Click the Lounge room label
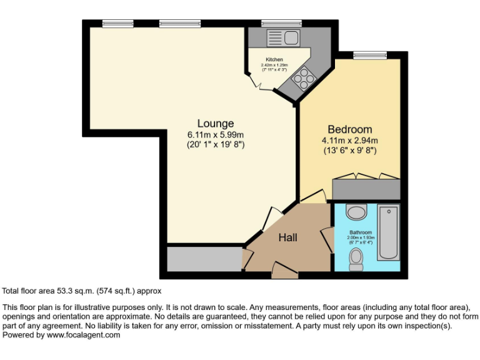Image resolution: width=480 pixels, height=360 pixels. (x=216, y=123)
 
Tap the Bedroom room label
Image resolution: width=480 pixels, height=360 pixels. (x=350, y=129)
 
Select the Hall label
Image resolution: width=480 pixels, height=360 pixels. (x=287, y=237)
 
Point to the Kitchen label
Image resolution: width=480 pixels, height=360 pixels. (x=274, y=59)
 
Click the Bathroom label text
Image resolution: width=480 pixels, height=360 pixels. (x=361, y=232)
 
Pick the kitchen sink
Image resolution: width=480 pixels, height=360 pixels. (x=283, y=38)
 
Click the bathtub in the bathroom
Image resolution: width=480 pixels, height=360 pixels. (x=389, y=232)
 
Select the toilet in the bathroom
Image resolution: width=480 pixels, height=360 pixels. (x=356, y=259)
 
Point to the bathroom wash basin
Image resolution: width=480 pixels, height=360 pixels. (x=356, y=212)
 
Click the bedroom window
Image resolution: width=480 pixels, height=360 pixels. (x=370, y=56)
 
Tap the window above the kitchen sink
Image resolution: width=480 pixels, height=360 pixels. (x=281, y=24)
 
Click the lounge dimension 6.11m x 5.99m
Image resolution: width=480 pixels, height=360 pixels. (x=216, y=135)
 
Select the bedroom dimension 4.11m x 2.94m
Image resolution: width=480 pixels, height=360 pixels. (x=350, y=141)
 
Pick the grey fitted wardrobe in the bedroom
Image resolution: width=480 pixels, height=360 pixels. (x=366, y=189)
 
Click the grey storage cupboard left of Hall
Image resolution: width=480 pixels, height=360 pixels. (x=204, y=259)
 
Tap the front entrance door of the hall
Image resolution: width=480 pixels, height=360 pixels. (x=285, y=270)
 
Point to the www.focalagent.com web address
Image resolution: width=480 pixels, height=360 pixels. (x=83, y=335)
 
